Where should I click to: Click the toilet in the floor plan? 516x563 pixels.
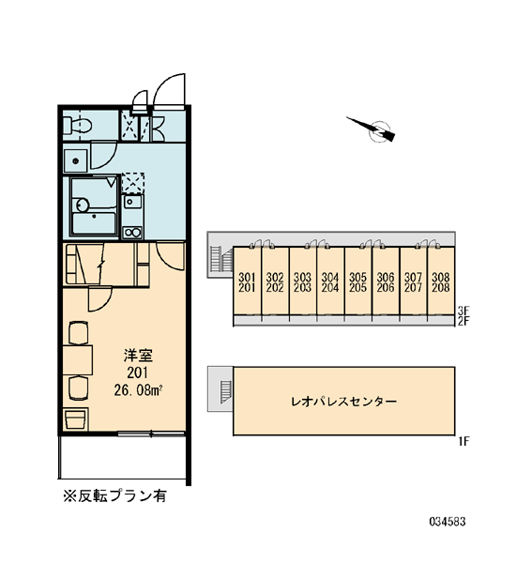point(77,126)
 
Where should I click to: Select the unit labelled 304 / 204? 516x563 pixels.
point(330,282)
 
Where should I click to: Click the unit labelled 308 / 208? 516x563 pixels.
point(441,282)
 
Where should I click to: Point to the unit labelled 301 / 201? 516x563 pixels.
point(247,282)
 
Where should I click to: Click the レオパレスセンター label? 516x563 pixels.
point(343,401)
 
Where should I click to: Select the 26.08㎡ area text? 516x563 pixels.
point(140,390)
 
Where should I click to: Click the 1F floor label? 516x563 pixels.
point(463,441)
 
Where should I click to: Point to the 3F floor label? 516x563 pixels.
point(463,311)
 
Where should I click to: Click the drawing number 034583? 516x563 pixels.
point(448,521)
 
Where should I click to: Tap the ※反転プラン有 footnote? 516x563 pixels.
point(114,495)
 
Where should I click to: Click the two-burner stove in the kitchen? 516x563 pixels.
point(132,233)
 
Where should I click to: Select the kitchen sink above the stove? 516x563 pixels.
point(132,203)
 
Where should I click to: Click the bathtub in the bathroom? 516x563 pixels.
point(94,223)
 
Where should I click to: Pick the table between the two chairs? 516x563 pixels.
point(78,360)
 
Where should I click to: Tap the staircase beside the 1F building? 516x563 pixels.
point(226,391)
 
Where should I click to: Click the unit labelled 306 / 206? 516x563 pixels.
point(386,282)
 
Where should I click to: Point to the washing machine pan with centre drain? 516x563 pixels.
point(75,161)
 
